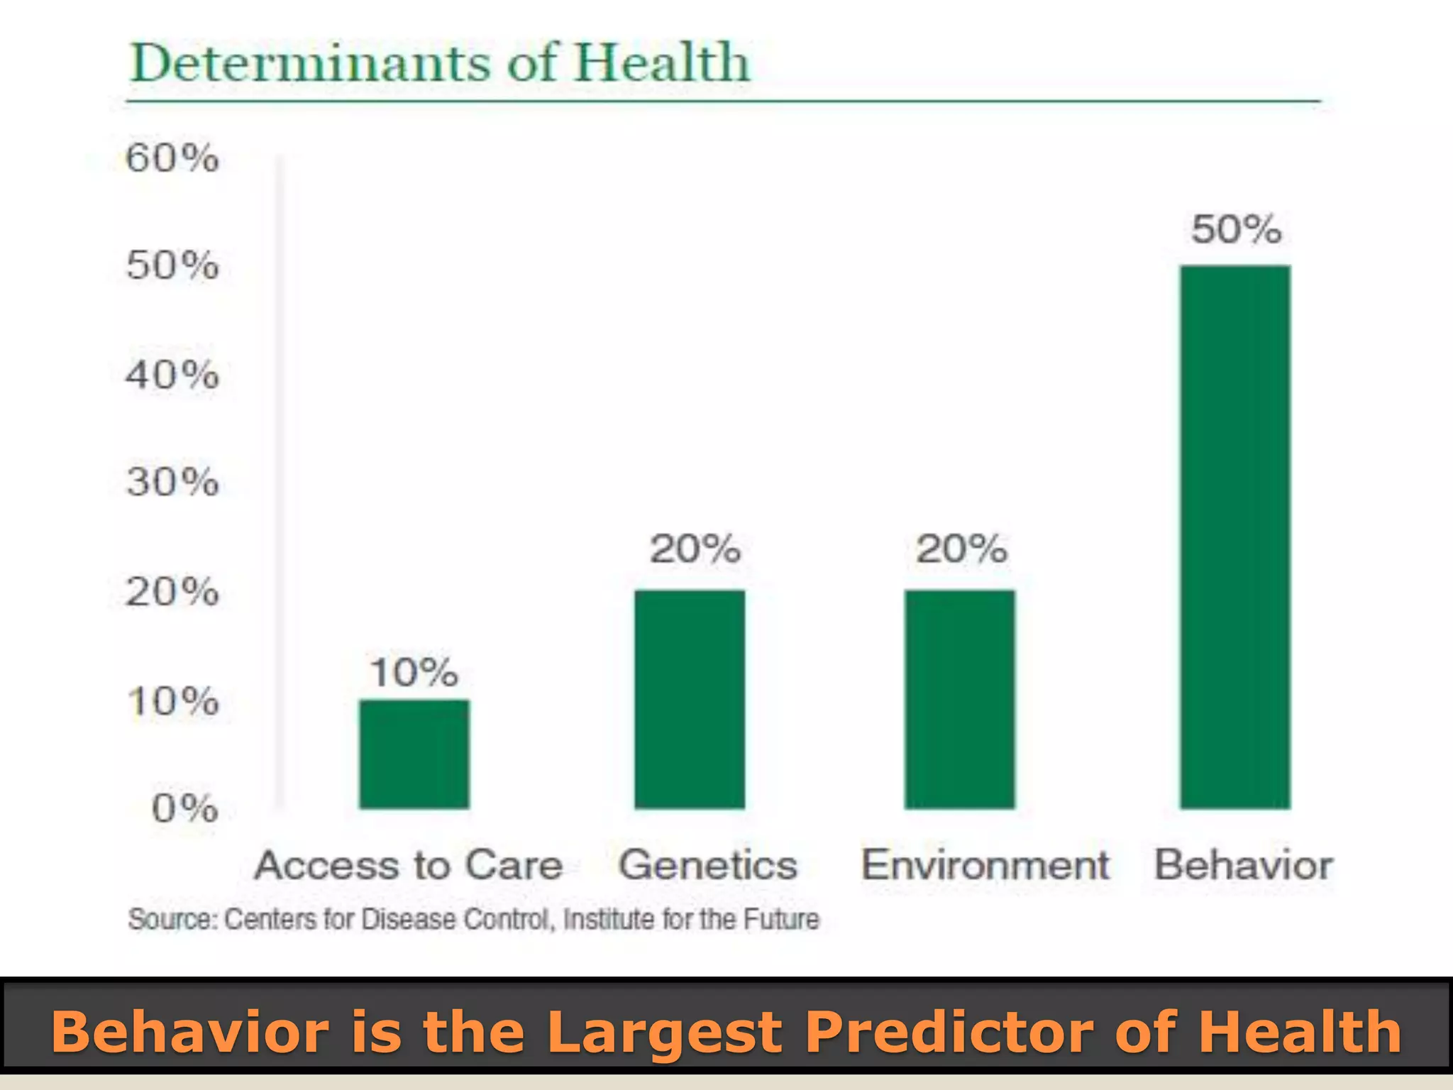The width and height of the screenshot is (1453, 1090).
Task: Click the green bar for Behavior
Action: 1235,537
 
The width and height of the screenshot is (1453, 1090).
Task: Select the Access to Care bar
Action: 414,754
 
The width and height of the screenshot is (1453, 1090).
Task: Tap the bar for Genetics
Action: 690,699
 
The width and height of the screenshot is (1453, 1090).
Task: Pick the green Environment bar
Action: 959,699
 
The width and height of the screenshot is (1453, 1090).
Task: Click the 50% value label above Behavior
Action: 1236,229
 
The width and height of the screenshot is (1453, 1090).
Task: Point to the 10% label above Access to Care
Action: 414,671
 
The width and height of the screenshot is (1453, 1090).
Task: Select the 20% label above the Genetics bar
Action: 695,549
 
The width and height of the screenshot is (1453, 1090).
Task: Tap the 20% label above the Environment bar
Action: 961,549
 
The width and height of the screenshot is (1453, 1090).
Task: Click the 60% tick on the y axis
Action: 172,158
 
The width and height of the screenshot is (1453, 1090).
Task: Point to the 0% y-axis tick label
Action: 184,808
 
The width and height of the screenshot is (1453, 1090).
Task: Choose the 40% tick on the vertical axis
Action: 172,374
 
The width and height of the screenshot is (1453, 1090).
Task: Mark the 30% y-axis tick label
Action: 172,483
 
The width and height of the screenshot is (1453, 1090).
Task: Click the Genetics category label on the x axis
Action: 708,865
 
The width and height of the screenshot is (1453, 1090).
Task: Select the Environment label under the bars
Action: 985,865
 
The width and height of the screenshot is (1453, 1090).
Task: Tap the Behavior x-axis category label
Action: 1244,865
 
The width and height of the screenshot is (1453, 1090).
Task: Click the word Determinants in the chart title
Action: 309,62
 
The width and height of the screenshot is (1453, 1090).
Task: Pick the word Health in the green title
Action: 661,62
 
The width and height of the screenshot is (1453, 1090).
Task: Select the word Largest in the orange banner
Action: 665,1033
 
